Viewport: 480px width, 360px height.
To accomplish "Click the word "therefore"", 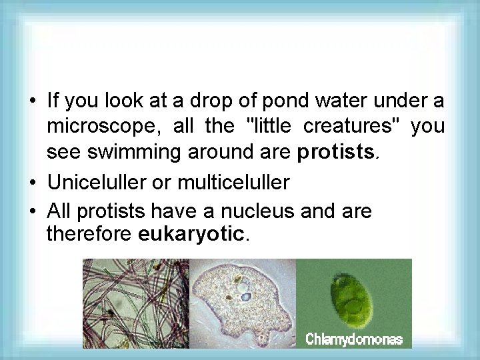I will tap(91, 235).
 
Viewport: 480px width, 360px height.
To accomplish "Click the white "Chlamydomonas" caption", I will tap(354, 339).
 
